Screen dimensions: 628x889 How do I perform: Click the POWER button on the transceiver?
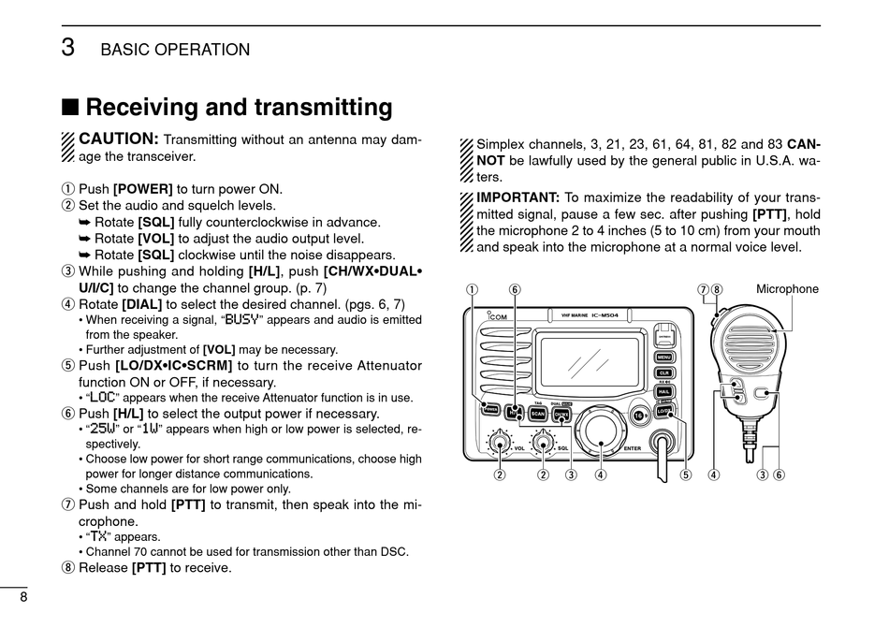(x=488, y=407)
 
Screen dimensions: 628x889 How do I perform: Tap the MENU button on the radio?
(x=663, y=357)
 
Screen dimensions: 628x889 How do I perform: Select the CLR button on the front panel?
(x=663, y=373)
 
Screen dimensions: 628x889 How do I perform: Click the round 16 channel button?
(x=638, y=415)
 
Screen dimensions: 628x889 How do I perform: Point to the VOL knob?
(x=501, y=443)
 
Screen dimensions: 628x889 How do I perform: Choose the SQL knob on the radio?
(x=543, y=443)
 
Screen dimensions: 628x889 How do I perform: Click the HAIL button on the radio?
(x=663, y=392)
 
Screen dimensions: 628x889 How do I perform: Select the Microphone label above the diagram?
(x=787, y=289)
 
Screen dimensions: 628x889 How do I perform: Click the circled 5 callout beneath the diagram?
(x=686, y=474)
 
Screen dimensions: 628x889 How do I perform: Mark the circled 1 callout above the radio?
(x=473, y=289)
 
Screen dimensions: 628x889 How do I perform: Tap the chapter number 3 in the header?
(x=68, y=48)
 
